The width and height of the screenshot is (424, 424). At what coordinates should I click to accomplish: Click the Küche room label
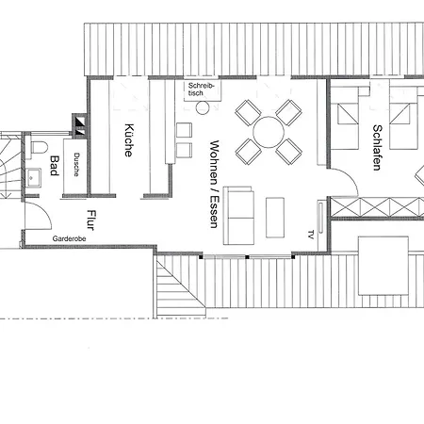coord(129,139)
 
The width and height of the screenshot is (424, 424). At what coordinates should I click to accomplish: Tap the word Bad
coord(55,166)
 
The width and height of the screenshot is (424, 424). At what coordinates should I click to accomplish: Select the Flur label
coord(91,220)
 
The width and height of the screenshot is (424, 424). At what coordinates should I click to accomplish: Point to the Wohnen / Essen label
coord(214,184)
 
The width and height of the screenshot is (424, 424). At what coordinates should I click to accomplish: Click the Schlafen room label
coord(377,148)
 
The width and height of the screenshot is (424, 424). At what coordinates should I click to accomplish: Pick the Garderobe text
coord(69,238)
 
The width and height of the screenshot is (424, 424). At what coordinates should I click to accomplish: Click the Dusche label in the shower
coord(76,165)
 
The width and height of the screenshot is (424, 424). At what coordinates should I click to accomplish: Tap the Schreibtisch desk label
coord(201,90)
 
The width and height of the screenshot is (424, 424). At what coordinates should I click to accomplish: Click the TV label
coord(311,235)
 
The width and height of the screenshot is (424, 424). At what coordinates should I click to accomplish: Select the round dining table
coord(269,132)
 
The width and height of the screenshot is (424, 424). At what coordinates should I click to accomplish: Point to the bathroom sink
coord(34,178)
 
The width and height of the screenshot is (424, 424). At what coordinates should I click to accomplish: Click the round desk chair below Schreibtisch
coord(203,107)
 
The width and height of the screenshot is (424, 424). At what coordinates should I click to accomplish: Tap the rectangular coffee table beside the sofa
coord(275,218)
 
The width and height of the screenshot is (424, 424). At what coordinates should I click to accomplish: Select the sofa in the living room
coord(238,216)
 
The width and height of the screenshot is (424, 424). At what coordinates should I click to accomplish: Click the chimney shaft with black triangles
coord(79,125)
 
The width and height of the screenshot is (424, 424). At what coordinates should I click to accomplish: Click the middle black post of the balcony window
coord(247,257)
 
